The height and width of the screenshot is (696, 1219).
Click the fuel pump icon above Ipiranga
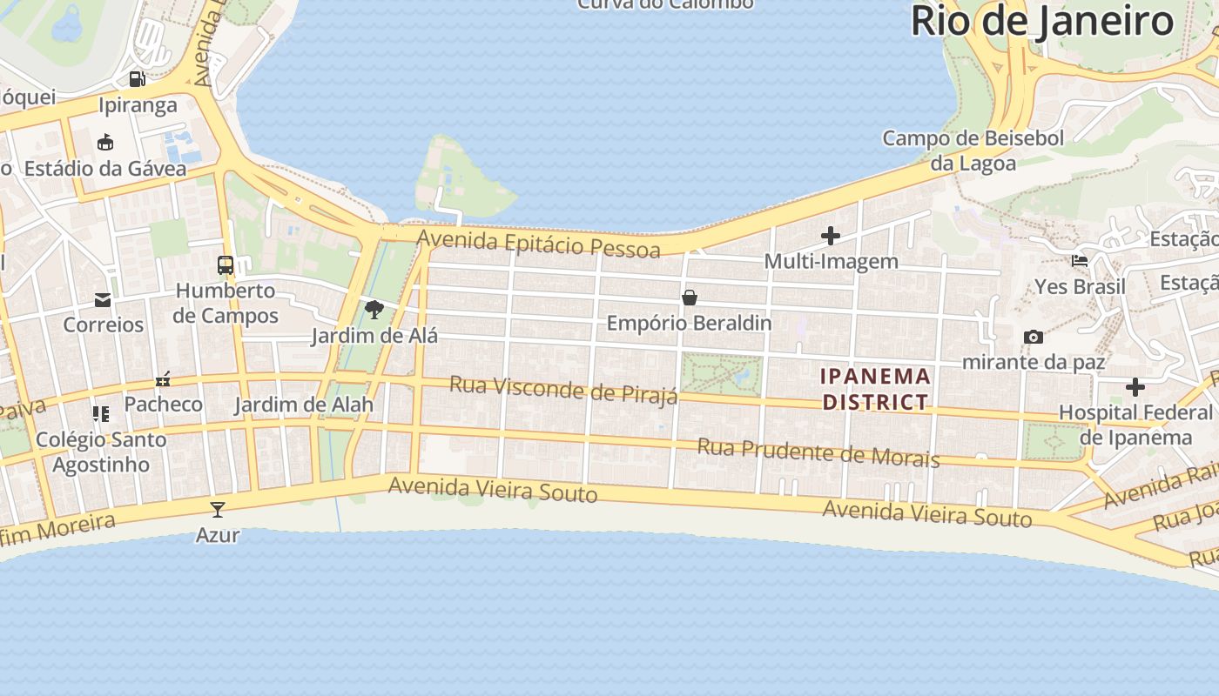click(x=138, y=79)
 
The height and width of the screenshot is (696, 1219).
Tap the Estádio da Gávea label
click(x=105, y=168)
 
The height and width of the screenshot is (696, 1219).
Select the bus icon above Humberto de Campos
click(x=226, y=264)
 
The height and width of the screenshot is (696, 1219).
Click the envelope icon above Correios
click(x=103, y=300)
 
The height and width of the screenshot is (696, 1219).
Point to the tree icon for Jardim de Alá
click(x=374, y=309)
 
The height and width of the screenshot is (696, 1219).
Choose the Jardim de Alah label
click(x=304, y=405)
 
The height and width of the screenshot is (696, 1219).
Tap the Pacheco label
click(x=163, y=404)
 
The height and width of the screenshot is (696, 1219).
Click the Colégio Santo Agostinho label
click(x=101, y=452)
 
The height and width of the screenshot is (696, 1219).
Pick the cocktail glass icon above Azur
click(x=218, y=509)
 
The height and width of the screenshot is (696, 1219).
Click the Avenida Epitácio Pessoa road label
click(x=538, y=244)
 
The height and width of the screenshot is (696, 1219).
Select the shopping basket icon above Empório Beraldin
click(x=690, y=298)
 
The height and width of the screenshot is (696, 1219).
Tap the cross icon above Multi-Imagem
click(x=831, y=236)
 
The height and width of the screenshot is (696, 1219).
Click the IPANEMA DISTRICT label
click(x=876, y=389)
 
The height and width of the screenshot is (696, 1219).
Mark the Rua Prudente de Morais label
click(x=818, y=452)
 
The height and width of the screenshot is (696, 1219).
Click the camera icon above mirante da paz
click(x=1034, y=337)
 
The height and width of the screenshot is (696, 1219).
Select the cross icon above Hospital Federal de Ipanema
click(x=1135, y=387)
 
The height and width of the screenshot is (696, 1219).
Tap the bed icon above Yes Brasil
click(x=1080, y=260)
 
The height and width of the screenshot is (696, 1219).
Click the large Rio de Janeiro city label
click(x=1042, y=21)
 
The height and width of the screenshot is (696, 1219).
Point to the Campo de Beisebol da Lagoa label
click(x=973, y=150)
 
